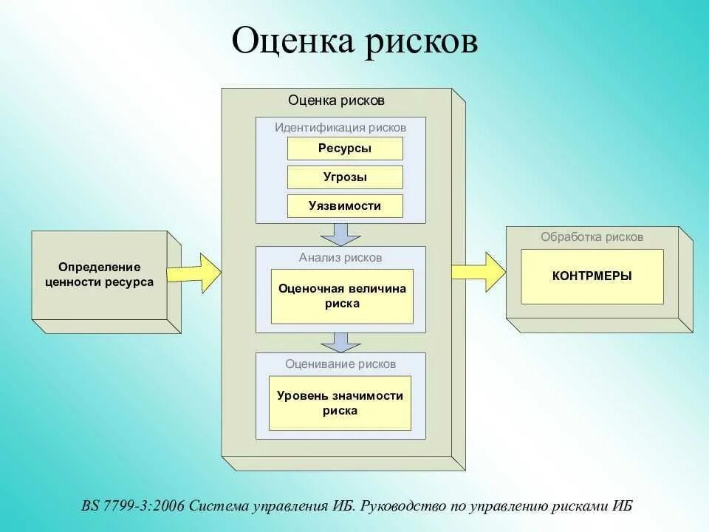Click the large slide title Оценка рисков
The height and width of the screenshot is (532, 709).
pyautogui.click(x=354, y=41)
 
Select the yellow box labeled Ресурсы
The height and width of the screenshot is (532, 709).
pyautogui.click(x=345, y=149)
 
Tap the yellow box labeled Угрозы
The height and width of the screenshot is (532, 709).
pyautogui.click(x=345, y=177)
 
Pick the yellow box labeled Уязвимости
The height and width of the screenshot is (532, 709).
pyautogui.click(x=345, y=206)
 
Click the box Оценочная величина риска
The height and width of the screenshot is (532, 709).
pyautogui.click(x=342, y=296)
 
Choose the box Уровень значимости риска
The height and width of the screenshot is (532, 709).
pyautogui.click(x=340, y=403)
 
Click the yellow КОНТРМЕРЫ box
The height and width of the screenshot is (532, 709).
pyautogui.click(x=592, y=276)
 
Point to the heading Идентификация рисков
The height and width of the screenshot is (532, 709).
pyautogui.click(x=340, y=127)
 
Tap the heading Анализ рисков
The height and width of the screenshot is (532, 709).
pyautogui.click(x=340, y=257)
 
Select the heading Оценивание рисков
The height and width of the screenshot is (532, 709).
pyautogui.click(x=340, y=364)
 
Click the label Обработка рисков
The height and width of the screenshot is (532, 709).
pyautogui.click(x=592, y=237)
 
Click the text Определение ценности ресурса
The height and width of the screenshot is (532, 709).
pyautogui.click(x=100, y=274)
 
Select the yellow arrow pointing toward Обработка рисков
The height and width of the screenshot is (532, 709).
pyautogui.click(x=479, y=271)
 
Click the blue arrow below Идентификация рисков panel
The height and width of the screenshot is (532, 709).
pyautogui.click(x=340, y=234)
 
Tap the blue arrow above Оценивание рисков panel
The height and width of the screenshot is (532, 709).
pyautogui.click(x=340, y=341)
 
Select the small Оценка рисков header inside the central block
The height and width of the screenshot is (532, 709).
pyautogui.click(x=336, y=100)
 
